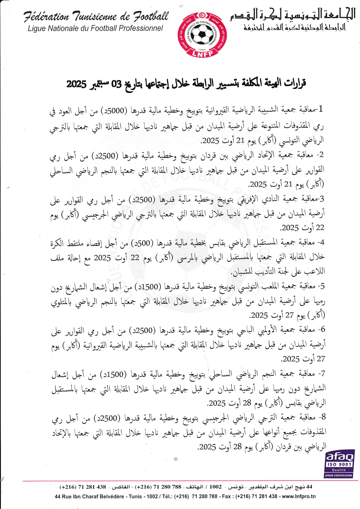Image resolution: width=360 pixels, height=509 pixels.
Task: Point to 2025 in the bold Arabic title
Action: [x=76, y=84]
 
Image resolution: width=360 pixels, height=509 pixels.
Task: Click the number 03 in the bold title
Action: [x=116, y=84]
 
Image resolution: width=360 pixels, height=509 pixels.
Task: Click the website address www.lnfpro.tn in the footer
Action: [x=299, y=496]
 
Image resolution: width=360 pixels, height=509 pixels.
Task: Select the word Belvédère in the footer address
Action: [x=113, y=496]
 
